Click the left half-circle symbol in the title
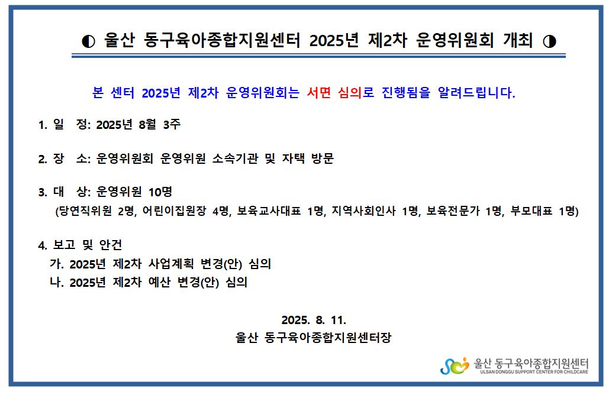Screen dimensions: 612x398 tap(88, 41)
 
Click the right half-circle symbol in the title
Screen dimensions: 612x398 tap(549, 41)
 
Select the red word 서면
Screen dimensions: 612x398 tap(318, 92)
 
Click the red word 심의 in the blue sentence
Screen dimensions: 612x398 tap(349, 92)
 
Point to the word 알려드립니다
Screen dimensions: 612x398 tap(476, 92)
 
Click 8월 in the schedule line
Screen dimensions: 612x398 tap(147, 124)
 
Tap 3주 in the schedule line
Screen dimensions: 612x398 tap(172, 124)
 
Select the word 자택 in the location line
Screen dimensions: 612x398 tap(294, 158)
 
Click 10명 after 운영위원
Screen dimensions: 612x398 tap(160, 192)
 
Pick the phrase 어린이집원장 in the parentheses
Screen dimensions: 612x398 tap(174, 211)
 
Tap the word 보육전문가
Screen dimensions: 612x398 tap(453, 211)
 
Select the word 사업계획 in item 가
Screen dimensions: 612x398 tap(170, 264)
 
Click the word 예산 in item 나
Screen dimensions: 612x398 tap(159, 282)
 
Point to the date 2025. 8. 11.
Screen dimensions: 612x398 tap(314, 320)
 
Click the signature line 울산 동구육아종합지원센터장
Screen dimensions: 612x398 tap(313, 337)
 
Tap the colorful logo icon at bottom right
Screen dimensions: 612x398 tap(455, 366)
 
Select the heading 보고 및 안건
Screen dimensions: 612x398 tap(88, 245)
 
